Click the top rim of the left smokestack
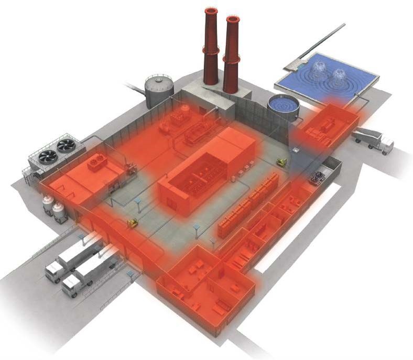click(x=210, y=10)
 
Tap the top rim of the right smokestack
click(x=232, y=19)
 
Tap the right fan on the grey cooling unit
click(x=67, y=144)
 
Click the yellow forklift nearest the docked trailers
click(x=132, y=223)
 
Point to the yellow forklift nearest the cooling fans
click(x=131, y=169)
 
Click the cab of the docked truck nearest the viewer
click(x=71, y=286)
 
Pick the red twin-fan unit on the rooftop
click(x=94, y=163)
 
